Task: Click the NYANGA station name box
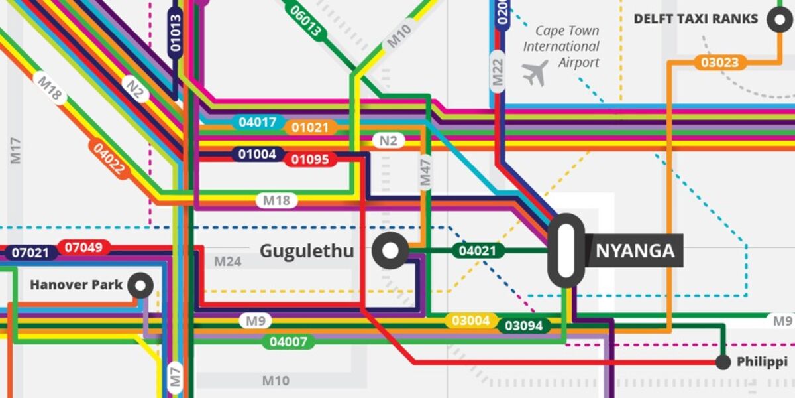(x=634, y=251)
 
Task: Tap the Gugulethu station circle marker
(x=390, y=251)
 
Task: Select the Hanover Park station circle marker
(x=140, y=286)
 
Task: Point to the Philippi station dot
(x=723, y=362)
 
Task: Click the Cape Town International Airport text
(x=562, y=47)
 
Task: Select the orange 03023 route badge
(x=719, y=63)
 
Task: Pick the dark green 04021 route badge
(x=478, y=251)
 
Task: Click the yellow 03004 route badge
(x=471, y=321)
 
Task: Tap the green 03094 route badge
(x=523, y=326)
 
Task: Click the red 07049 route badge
(x=83, y=248)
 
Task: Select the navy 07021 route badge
(x=30, y=253)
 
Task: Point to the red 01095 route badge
(x=310, y=159)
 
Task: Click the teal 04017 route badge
(x=258, y=122)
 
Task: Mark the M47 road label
(x=425, y=172)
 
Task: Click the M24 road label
(x=227, y=261)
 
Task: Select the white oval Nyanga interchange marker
(x=566, y=251)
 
